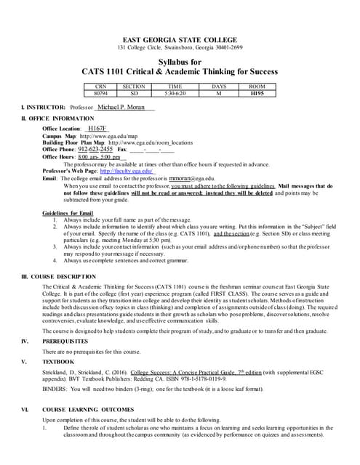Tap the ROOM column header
coord(257,86)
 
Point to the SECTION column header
coord(134,86)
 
